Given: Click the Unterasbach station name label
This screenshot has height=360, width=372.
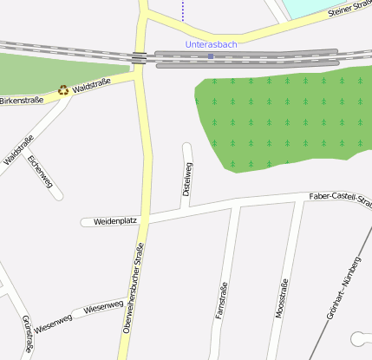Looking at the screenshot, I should tap(211, 44).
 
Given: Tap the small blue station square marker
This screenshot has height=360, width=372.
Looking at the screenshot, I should tap(211, 56).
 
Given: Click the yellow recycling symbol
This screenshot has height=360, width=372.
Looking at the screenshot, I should tap(62, 88).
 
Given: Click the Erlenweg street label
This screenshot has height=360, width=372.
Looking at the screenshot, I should tap(41, 171).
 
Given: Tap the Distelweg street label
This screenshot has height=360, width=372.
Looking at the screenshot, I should tap(188, 177).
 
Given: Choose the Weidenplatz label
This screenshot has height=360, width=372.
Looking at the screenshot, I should tap(115, 221).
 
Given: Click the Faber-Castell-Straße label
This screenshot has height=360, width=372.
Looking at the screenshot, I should tap(339, 198).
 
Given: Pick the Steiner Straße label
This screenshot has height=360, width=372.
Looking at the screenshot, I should tap(349, 10).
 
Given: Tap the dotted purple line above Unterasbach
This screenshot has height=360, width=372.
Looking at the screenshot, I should tap(182, 10).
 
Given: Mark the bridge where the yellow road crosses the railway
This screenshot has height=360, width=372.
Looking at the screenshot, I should tap(139, 57).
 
